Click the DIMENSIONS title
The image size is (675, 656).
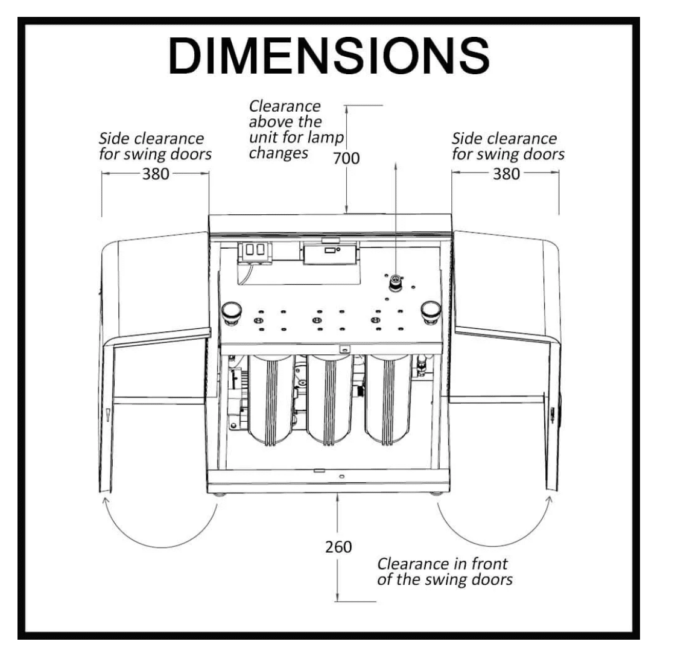click(x=329, y=56)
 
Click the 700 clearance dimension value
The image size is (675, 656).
click(x=346, y=159)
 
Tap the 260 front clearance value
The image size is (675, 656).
click(x=338, y=547)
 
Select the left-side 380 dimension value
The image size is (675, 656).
click(x=156, y=174)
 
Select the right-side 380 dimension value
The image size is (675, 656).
click(x=506, y=174)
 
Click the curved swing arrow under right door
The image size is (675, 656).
click(x=495, y=546)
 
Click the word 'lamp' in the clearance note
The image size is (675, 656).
click(x=327, y=138)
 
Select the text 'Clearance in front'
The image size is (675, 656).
click(x=442, y=564)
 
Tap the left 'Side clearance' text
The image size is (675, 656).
click(x=151, y=139)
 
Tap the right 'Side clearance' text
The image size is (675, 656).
click(x=504, y=139)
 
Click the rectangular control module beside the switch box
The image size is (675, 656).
click(x=330, y=253)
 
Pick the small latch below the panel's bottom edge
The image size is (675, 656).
click(x=344, y=349)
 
